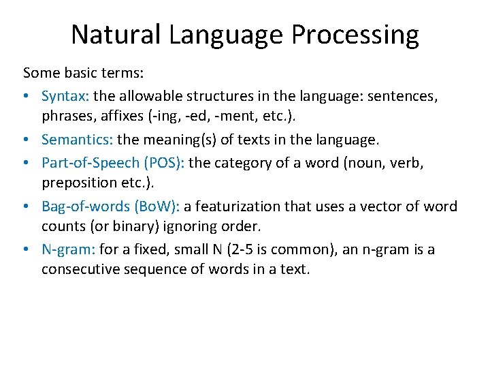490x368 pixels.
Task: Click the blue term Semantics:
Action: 77,140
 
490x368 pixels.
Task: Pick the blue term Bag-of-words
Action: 83,206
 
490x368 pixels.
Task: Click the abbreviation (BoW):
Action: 154,206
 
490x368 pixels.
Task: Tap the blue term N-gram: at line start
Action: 67,249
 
